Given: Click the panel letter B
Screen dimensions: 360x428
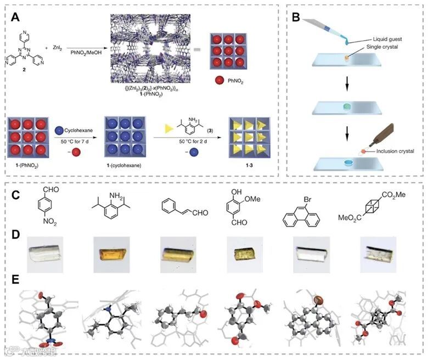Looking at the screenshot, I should click(297, 16).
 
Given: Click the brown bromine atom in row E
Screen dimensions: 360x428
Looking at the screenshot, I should click(318, 301).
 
